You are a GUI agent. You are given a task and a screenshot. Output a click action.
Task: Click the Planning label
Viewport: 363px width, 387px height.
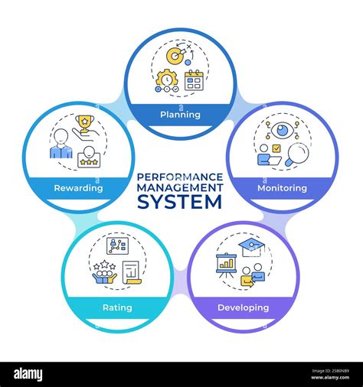coord(181,115)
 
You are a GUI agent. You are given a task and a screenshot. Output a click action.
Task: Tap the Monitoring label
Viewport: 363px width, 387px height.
coord(282,187)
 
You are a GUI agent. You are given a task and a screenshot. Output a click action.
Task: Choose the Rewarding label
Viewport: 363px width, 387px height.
coord(79,187)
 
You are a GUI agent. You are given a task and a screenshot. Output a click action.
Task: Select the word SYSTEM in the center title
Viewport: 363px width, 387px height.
coord(180,202)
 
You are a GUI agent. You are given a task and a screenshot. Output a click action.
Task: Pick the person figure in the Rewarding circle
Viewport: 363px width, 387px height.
coord(60,142)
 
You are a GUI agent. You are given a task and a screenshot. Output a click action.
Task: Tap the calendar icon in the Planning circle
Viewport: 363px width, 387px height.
coord(194,80)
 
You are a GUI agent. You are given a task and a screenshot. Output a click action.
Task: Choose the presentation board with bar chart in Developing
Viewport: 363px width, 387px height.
coord(226,265)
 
